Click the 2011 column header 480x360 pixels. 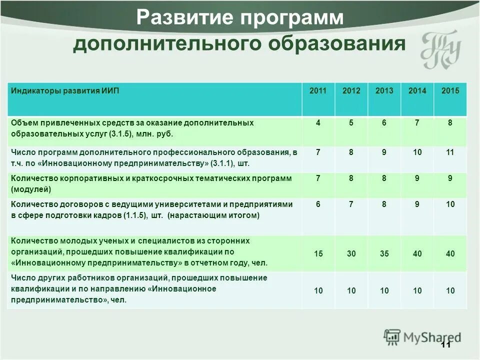(318, 91)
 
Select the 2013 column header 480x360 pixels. (384, 91)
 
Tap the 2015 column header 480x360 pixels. (450, 91)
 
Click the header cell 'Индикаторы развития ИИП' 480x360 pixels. (65, 91)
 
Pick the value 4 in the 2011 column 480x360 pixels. (318, 123)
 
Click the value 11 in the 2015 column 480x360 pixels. (450, 152)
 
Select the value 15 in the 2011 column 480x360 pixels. (318, 254)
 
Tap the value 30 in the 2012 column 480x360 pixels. (351, 254)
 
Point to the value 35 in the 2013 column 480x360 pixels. (384, 254)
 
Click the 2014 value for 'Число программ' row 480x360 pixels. (417, 152)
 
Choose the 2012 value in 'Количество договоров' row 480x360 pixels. (351, 204)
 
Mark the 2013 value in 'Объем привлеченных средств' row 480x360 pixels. (384, 123)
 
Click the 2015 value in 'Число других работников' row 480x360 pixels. (450, 290)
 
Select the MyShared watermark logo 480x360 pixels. (422, 337)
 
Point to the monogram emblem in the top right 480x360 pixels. (440, 50)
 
